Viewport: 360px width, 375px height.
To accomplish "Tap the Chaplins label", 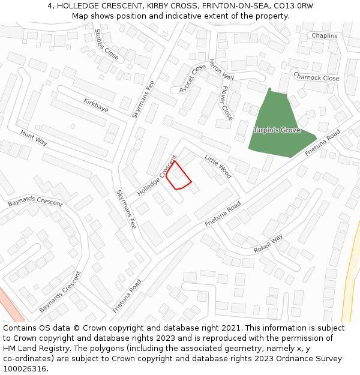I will pyautogui.click(x=324, y=36).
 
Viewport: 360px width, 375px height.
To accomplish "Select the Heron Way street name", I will pyautogui.click(x=221, y=70).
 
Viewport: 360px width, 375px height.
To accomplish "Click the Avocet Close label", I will pyautogui.click(x=193, y=79).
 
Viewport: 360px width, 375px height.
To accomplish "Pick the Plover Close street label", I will pyautogui.click(x=226, y=103).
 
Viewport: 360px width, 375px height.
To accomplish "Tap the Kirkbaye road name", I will pyautogui.click(x=96, y=105).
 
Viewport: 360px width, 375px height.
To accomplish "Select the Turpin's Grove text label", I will pyautogui.click(x=276, y=130).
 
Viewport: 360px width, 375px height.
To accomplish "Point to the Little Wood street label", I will pyautogui.click(x=218, y=166).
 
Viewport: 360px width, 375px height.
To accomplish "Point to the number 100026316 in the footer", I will pyautogui.click(x=25, y=369).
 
